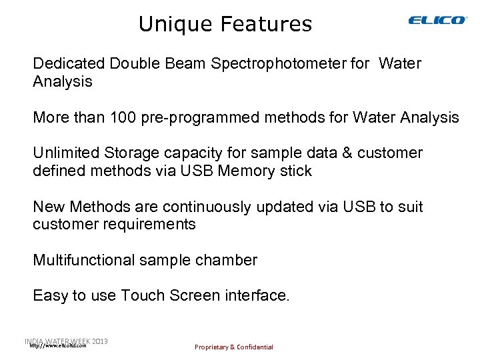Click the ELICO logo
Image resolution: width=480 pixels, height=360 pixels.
click(x=437, y=21)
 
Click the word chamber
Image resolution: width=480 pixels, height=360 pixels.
click(x=225, y=260)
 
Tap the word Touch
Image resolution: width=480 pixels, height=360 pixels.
click(x=143, y=295)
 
